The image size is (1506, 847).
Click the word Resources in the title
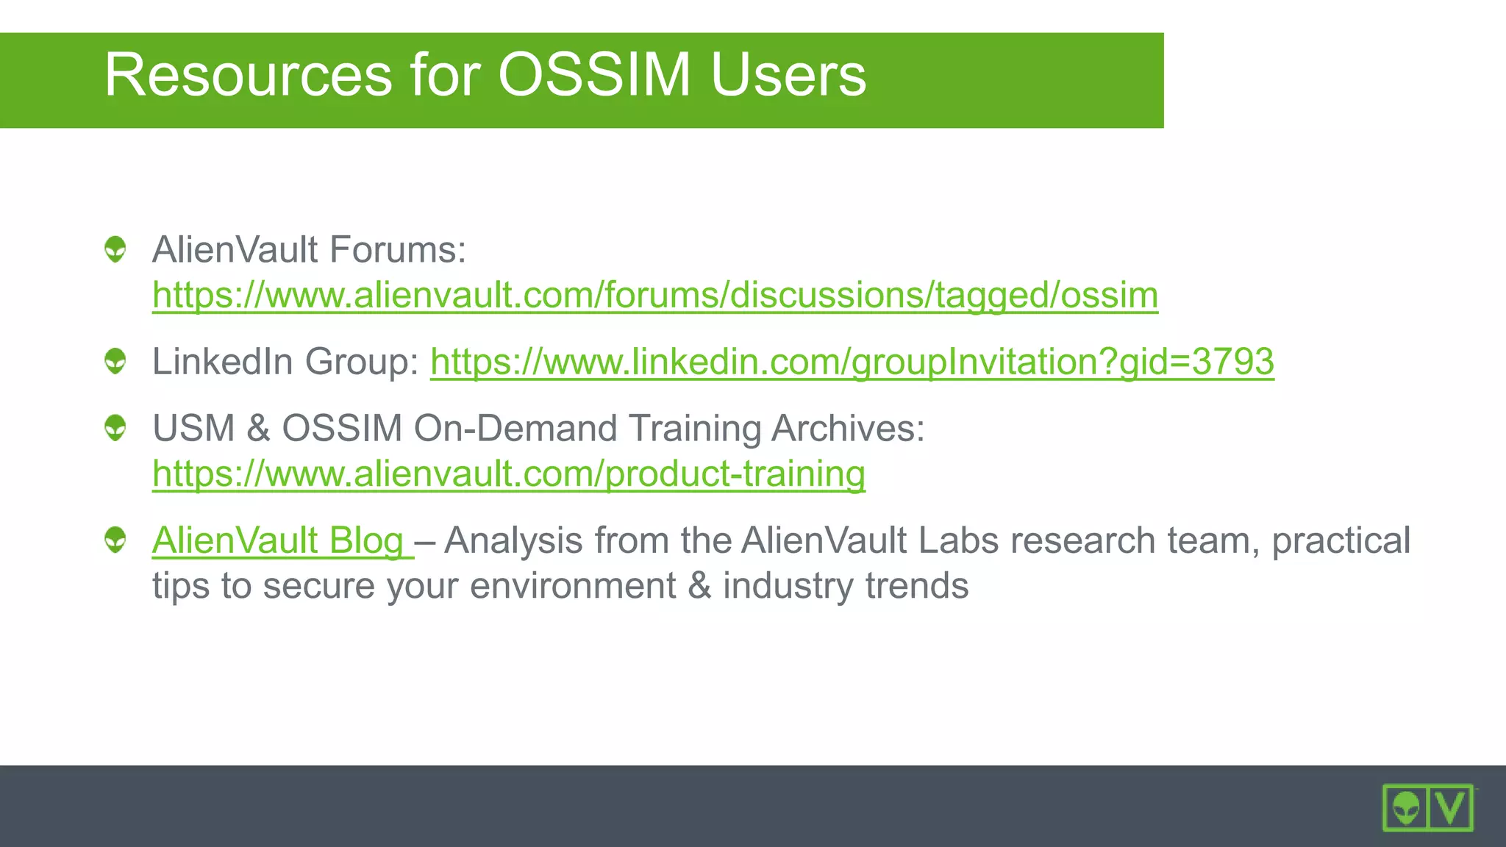tap(248, 75)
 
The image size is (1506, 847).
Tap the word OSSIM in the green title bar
tap(594, 75)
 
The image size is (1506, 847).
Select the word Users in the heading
tap(788, 75)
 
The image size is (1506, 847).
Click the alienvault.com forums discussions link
tap(654, 296)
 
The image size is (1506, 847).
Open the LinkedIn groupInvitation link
tap(852, 362)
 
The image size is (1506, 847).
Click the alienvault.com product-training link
tap(508, 474)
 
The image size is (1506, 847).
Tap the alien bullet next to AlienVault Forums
tap(115, 249)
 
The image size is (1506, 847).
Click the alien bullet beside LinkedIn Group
tap(115, 361)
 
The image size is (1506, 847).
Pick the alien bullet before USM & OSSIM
tap(115, 428)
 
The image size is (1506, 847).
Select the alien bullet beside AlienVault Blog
tap(115, 540)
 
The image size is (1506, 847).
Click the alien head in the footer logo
tap(1406, 808)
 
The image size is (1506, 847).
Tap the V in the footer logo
tap(1450, 808)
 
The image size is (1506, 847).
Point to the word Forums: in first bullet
tap(397, 250)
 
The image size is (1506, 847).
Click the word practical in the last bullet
tap(1341, 541)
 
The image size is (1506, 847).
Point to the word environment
tap(572, 587)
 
